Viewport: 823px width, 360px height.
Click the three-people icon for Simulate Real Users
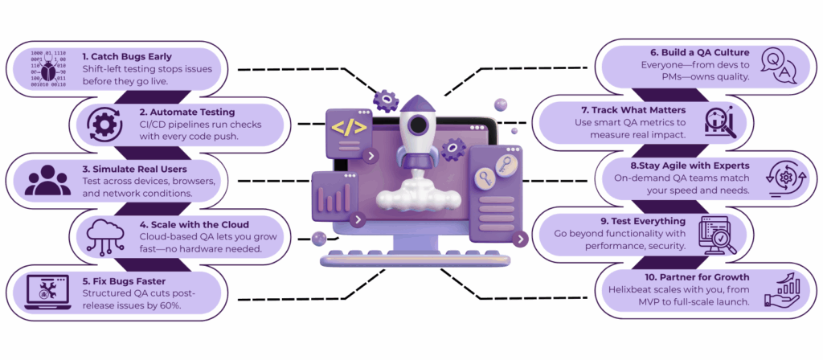coord(48,179)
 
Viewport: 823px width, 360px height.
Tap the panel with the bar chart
coord(334,197)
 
